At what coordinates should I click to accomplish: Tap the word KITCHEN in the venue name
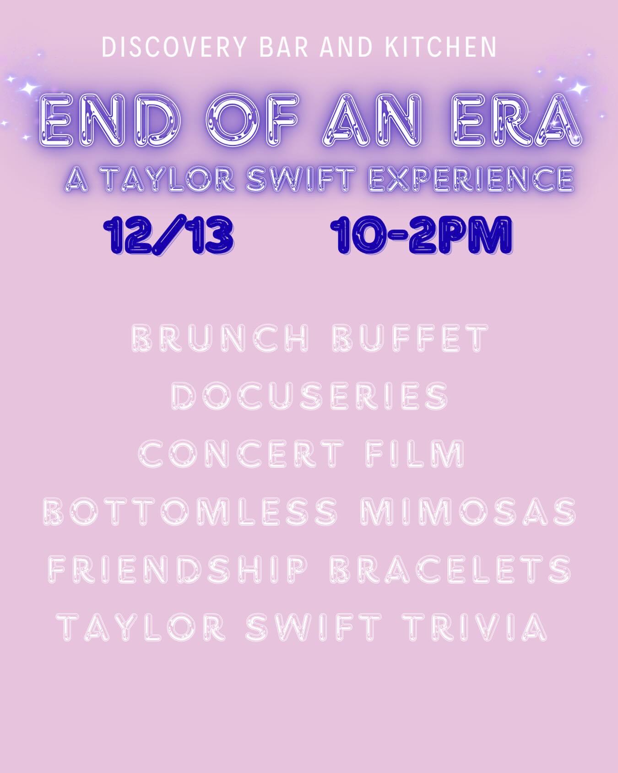click(440, 47)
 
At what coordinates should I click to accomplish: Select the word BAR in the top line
click(286, 47)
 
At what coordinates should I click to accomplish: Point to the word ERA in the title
click(514, 119)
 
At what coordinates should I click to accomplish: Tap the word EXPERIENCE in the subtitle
click(472, 180)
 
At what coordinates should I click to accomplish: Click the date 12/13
click(169, 236)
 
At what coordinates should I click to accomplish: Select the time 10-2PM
click(423, 236)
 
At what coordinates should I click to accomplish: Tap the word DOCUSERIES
click(310, 395)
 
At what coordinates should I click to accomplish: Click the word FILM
click(415, 454)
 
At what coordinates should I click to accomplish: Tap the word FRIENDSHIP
click(178, 569)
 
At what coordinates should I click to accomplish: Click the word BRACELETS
click(450, 569)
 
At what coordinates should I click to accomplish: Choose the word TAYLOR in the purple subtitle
click(168, 180)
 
